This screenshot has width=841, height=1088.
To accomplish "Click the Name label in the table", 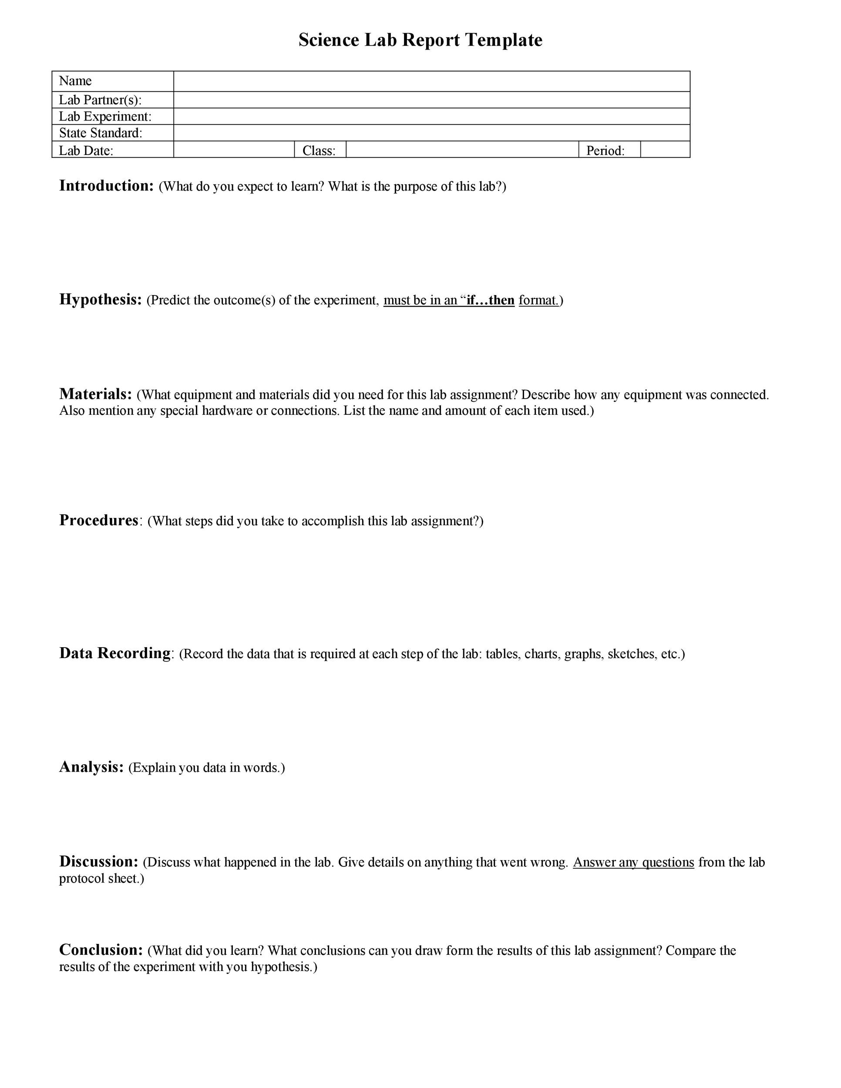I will coord(75,81).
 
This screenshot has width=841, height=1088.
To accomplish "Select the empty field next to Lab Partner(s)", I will coord(431,100).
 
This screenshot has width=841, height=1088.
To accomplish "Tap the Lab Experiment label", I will coord(105,116).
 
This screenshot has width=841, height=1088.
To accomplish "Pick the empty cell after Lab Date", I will coord(234,149).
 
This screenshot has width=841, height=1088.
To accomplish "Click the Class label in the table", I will coord(319,151).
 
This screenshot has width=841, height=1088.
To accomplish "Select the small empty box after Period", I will coord(665,149).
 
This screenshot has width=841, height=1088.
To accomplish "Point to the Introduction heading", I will coord(106,186).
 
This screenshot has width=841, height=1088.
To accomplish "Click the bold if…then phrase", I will coord(490,300).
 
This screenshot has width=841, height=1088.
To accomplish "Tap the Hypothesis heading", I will coord(101,299).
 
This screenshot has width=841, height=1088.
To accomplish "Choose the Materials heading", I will coord(96,394).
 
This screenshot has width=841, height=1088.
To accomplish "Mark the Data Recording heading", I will coord(115,653).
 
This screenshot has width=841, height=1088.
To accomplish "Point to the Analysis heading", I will coord(91,767).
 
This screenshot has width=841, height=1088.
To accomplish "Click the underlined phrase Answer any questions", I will coord(633,862).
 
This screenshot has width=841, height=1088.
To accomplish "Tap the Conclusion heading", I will coord(101,950).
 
